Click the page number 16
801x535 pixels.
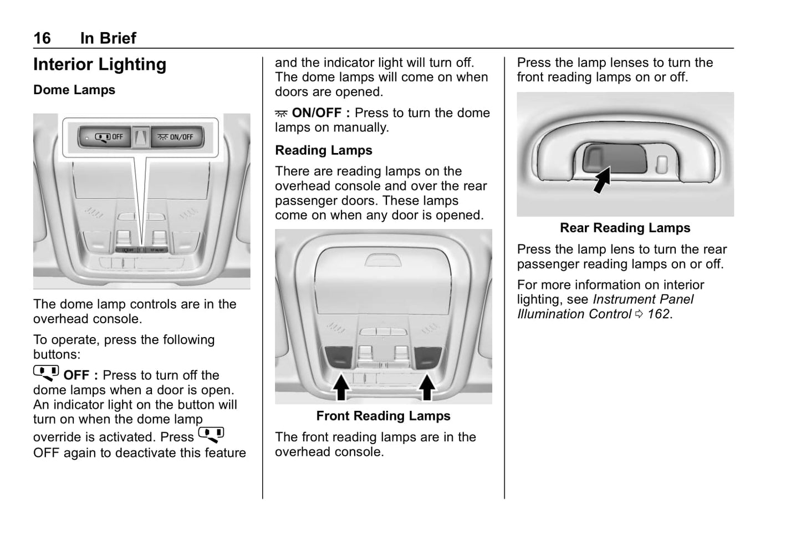42,38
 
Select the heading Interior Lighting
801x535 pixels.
100,65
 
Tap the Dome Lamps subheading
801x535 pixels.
74,90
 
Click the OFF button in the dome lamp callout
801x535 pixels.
105,137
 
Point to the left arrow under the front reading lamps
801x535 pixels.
341,386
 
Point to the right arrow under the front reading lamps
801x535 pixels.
426,386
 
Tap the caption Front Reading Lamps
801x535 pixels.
383,416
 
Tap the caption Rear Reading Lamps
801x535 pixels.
625,228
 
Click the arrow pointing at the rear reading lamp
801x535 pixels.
602,181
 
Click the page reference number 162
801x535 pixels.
659,314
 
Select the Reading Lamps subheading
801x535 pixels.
324,150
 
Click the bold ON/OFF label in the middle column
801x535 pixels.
317,113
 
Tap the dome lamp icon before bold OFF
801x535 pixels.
46,373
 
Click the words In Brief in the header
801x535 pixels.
108,38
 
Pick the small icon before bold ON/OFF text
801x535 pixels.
281,114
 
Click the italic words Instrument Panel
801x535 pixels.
643,299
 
